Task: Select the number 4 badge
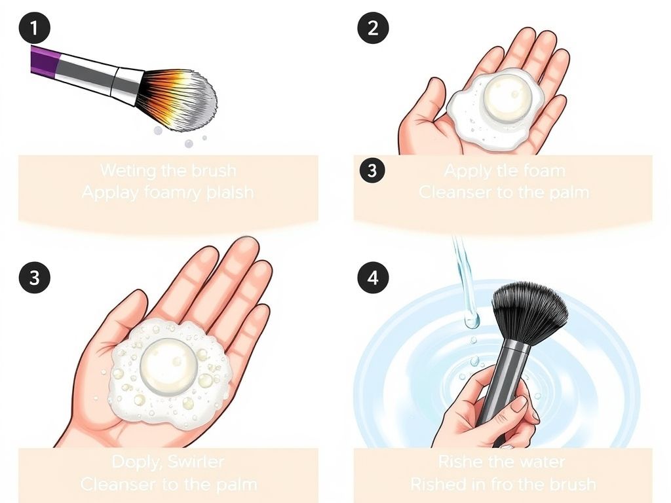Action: [372, 277]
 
